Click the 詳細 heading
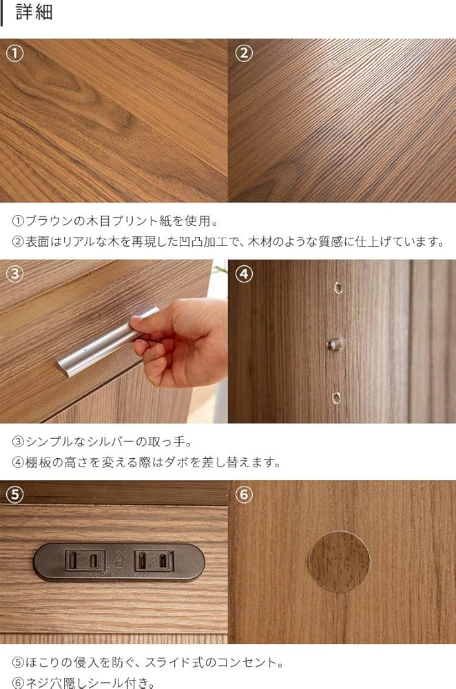click(34, 13)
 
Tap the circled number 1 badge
click(15, 53)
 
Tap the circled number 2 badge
click(244, 53)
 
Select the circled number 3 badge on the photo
click(15, 274)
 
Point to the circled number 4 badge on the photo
click(244, 274)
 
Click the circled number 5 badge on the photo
click(15, 494)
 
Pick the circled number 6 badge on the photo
click(244, 494)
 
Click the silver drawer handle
click(103, 343)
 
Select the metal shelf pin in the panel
click(334, 342)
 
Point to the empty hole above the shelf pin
click(337, 287)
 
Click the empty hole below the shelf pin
click(335, 397)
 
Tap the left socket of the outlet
click(85, 560)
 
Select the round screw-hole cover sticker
click(338, 562)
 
